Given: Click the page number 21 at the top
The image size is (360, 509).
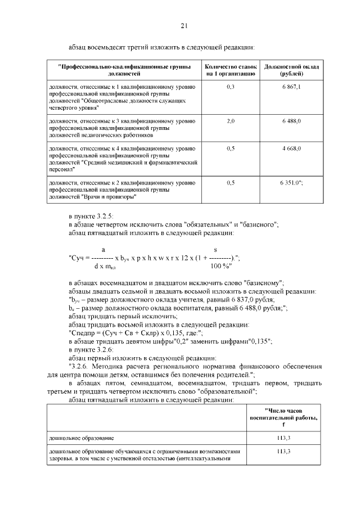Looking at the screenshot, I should click(x=184, y=25).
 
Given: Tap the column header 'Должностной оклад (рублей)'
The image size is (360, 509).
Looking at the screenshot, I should click(x=291, y=70).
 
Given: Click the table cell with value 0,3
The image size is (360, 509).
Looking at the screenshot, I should click(x=230, y=87).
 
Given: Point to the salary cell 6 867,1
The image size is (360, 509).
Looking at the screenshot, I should click(x=291, y=87).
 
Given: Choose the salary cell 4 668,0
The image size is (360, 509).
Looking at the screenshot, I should click(x=291, y=148).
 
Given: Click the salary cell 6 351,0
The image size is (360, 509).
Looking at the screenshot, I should click(x=291, y=183).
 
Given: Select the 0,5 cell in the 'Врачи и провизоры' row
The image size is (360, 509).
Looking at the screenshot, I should click(x=230, y=183).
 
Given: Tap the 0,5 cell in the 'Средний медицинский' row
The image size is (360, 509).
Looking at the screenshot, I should click(x=230, y=148).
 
